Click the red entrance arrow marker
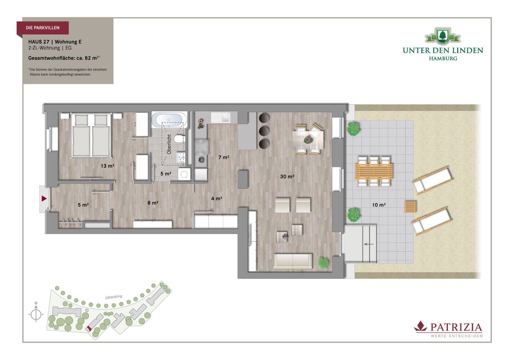[44, 199]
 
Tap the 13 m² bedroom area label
[108, 166]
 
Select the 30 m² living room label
[287, 176]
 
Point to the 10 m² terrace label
[379, 205]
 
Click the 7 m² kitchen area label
[224, 157]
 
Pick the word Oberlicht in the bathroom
[169, 144]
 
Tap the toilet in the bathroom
[180, 138]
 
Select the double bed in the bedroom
[91, 135]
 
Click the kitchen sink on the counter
[220, 118]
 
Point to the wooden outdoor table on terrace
[374, 172]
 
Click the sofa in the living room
[293, 262]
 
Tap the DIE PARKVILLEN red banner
[43, 28]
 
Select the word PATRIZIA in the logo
[456, 328]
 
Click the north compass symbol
[36, 314]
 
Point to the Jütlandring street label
[114, 297]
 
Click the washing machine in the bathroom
[184, 174]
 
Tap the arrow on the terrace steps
[369, 244]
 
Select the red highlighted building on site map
[88, 328]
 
